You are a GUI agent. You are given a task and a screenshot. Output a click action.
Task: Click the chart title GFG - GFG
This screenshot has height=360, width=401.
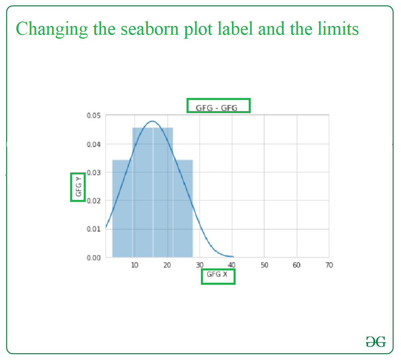[216, 108]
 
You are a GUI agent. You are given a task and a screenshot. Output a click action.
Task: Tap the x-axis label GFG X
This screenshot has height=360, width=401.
[217, 274]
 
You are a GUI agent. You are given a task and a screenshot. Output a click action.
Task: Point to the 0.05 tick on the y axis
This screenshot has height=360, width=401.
[94, 116]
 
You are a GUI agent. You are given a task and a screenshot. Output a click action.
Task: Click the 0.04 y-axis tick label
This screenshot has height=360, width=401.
[94, 145]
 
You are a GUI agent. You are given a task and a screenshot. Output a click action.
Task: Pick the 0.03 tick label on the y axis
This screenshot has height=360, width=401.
[94, 173]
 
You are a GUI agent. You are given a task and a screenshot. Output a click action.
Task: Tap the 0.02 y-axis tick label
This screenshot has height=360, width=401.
[94, 201]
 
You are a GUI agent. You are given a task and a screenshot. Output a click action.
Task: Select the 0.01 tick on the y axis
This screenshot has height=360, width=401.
[94, 229]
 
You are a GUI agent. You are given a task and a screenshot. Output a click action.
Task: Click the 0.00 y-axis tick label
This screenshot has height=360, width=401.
[94, 258]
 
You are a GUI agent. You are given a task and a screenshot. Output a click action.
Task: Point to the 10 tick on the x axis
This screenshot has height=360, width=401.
[134, 265]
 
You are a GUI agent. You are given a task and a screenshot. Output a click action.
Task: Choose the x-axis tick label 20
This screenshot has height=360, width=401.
[167, 265]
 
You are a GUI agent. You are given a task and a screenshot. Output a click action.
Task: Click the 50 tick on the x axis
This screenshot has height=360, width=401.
[264, 265]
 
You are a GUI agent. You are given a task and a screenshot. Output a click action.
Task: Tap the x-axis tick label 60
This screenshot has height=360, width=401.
[297, 265]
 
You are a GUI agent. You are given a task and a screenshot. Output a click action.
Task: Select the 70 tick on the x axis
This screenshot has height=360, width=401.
[329, 265]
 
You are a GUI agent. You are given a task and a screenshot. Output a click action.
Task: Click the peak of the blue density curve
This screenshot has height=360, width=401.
[152, 121]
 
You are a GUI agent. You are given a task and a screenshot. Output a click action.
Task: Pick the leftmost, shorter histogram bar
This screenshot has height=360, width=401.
[122, 209]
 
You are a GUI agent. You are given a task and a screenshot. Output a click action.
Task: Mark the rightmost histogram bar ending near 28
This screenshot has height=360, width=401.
[183, 209]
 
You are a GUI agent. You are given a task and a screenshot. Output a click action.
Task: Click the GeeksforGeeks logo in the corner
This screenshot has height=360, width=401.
[375, 342]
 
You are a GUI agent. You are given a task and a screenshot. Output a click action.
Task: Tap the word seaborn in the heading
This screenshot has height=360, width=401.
[149, 29]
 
